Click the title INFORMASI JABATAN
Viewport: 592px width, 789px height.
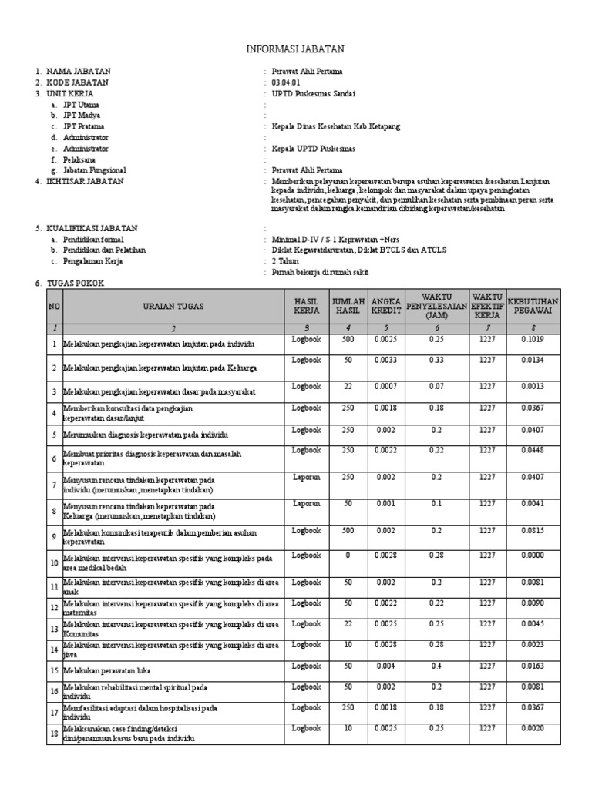pos(295,49)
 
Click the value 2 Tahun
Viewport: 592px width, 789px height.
pos(285,261)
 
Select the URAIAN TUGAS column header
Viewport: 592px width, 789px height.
pos(173,306)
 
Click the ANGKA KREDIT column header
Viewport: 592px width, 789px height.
pos(385,306)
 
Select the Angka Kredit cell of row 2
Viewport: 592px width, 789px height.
pos(385,359)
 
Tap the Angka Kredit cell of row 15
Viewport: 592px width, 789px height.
pos(385,665)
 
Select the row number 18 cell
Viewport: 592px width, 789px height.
pos(54,733)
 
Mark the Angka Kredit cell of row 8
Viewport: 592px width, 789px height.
pos(385,503)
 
